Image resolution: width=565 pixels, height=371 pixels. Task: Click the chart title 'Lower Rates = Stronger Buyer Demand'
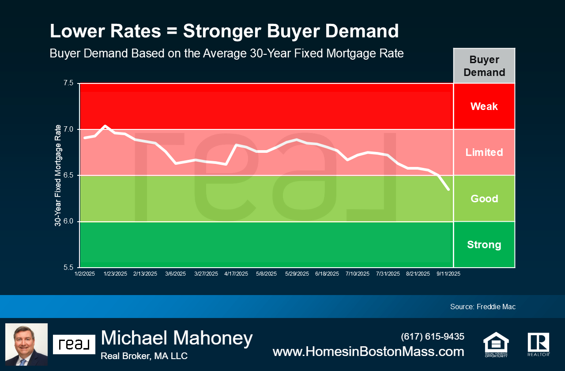click(x=224, y=31)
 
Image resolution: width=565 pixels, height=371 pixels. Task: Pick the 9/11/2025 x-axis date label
click(x=448, y=274)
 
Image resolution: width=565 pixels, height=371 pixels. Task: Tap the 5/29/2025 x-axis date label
click(x=297, y=274)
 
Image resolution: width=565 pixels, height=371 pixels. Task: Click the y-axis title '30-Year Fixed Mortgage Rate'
click(x=58, y=175)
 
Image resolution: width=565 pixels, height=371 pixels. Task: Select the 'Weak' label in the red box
click(x=484, y=106)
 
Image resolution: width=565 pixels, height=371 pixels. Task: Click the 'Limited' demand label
click(x=484, y=152)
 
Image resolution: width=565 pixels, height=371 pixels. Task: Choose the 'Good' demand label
click(x=484, y=199)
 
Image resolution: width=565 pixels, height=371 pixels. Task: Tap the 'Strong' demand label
click(x=484, y=245)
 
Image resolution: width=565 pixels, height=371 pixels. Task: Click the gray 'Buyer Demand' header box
click(x=484, y=66)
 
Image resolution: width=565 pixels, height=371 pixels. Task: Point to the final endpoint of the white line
click(x=448, y=189)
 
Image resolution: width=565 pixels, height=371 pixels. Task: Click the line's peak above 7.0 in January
click(x=105, y=126)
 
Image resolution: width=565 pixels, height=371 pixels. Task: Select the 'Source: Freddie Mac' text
click(x=482, y=307)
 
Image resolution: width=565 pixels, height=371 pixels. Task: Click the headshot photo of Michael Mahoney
click(x=26, y=344)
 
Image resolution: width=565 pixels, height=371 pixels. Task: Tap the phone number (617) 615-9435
click(x=432, y=337)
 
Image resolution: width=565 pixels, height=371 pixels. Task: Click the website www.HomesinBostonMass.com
click(x=368, y=352)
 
